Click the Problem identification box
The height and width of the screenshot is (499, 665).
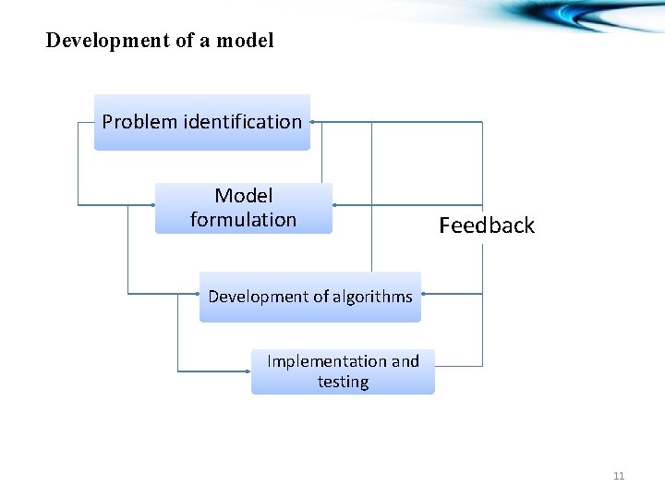pos(202,121)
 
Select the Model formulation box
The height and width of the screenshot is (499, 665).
pos(243,208)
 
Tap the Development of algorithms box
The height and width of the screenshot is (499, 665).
pos(309,297)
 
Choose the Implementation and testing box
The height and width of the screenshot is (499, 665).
pos(343,371)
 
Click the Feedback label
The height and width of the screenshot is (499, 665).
pos(487,225)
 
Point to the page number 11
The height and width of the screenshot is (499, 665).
pos(619,476)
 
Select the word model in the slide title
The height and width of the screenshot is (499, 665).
pos(248,41)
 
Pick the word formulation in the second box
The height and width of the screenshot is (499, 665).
pos(243,220)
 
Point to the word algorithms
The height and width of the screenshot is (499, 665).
pos(373,297)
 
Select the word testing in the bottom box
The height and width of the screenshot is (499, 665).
pos(343,382)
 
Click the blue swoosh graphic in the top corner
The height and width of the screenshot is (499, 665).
pos(591,17)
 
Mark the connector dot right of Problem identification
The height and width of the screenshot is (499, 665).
pos(313,121)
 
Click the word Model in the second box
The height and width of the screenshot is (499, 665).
pos(244,196)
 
